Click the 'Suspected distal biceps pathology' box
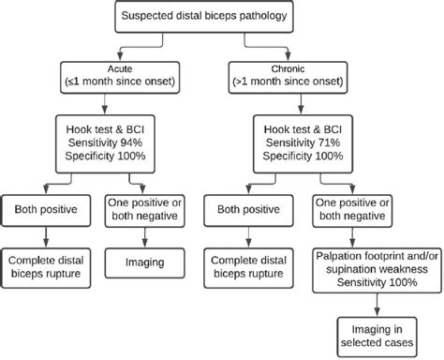point(222,16)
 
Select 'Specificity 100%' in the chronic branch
point(303,153)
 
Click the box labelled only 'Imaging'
point(145,264)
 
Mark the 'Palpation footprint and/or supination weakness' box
point(376,264)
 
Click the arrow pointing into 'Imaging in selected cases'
point(376,306)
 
